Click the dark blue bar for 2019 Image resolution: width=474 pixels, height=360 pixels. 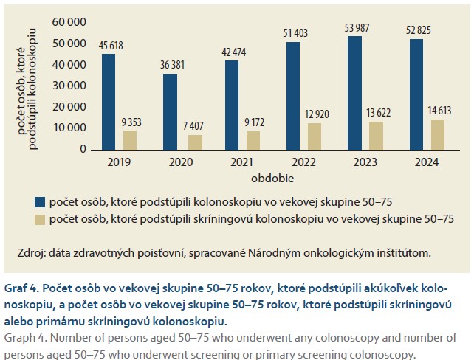109,101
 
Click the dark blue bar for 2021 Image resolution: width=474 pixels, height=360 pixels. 231,105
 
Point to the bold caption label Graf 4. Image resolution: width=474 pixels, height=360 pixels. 23,287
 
